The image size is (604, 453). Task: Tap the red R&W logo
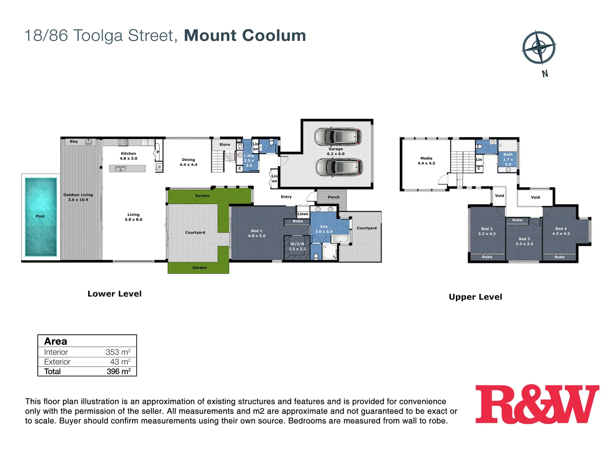[537, 404]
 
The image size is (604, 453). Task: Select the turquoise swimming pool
[41, 216]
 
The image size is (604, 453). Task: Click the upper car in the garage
[338, 136]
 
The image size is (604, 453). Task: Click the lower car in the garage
[339, 167]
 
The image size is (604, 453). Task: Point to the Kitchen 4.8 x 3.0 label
[128, 156]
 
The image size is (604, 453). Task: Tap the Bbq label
[74, 142]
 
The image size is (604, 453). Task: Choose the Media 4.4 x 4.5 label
[426, 161]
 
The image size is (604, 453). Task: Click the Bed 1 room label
[256, 233]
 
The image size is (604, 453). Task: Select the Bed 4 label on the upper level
[561, 231]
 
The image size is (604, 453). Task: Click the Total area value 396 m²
[119, 372]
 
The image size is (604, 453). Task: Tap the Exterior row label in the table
[57, 362]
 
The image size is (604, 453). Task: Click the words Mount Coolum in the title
[245, 36]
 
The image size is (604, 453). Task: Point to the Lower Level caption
[115, 294]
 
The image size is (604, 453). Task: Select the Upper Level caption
[475, 297]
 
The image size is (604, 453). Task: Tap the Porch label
[333, 197]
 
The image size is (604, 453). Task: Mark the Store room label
[224, 145]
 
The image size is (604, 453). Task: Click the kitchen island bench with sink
[127, 169]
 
